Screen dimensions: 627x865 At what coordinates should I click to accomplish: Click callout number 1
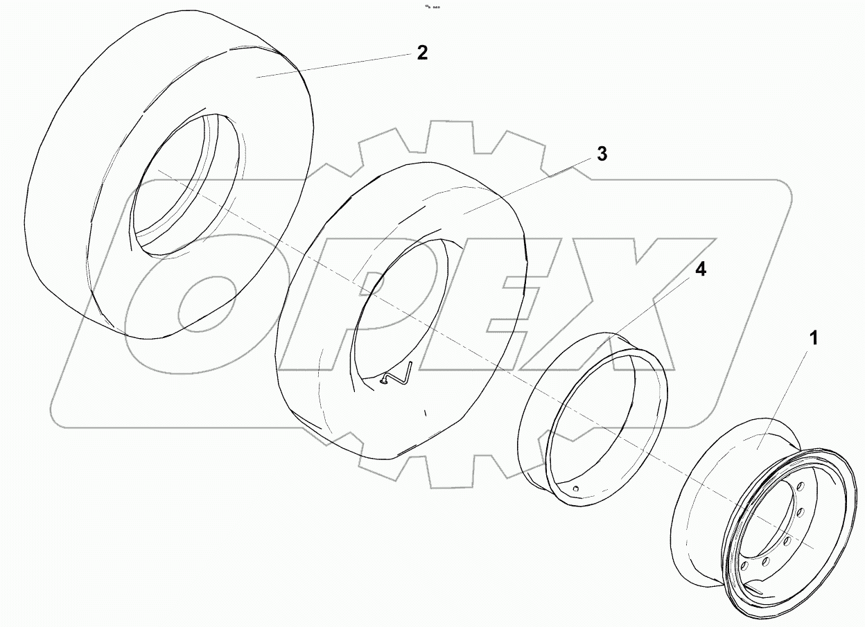tap(814, 339)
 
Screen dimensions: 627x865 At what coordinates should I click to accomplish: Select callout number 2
tap(422, 53)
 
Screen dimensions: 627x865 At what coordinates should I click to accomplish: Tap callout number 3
tap(602, 154)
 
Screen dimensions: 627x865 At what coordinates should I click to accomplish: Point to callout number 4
tap(700, 270)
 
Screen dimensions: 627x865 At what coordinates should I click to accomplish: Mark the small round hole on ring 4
tap(575, 491)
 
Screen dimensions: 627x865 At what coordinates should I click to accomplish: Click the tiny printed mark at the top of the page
tap(433, 8)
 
